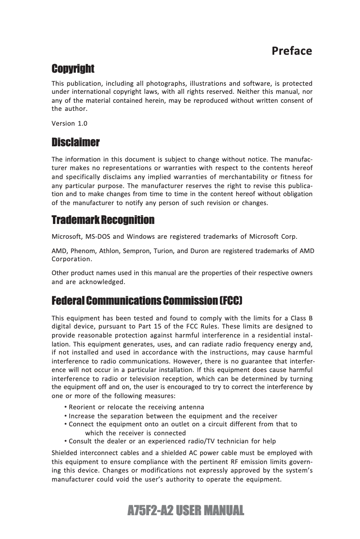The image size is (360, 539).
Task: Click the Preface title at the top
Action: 292,51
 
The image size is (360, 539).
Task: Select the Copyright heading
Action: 73,69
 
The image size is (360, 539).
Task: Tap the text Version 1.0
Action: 70,123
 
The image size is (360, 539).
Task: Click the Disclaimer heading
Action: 75,143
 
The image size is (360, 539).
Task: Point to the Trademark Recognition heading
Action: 103,220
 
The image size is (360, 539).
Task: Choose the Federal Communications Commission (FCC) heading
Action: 148,300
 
